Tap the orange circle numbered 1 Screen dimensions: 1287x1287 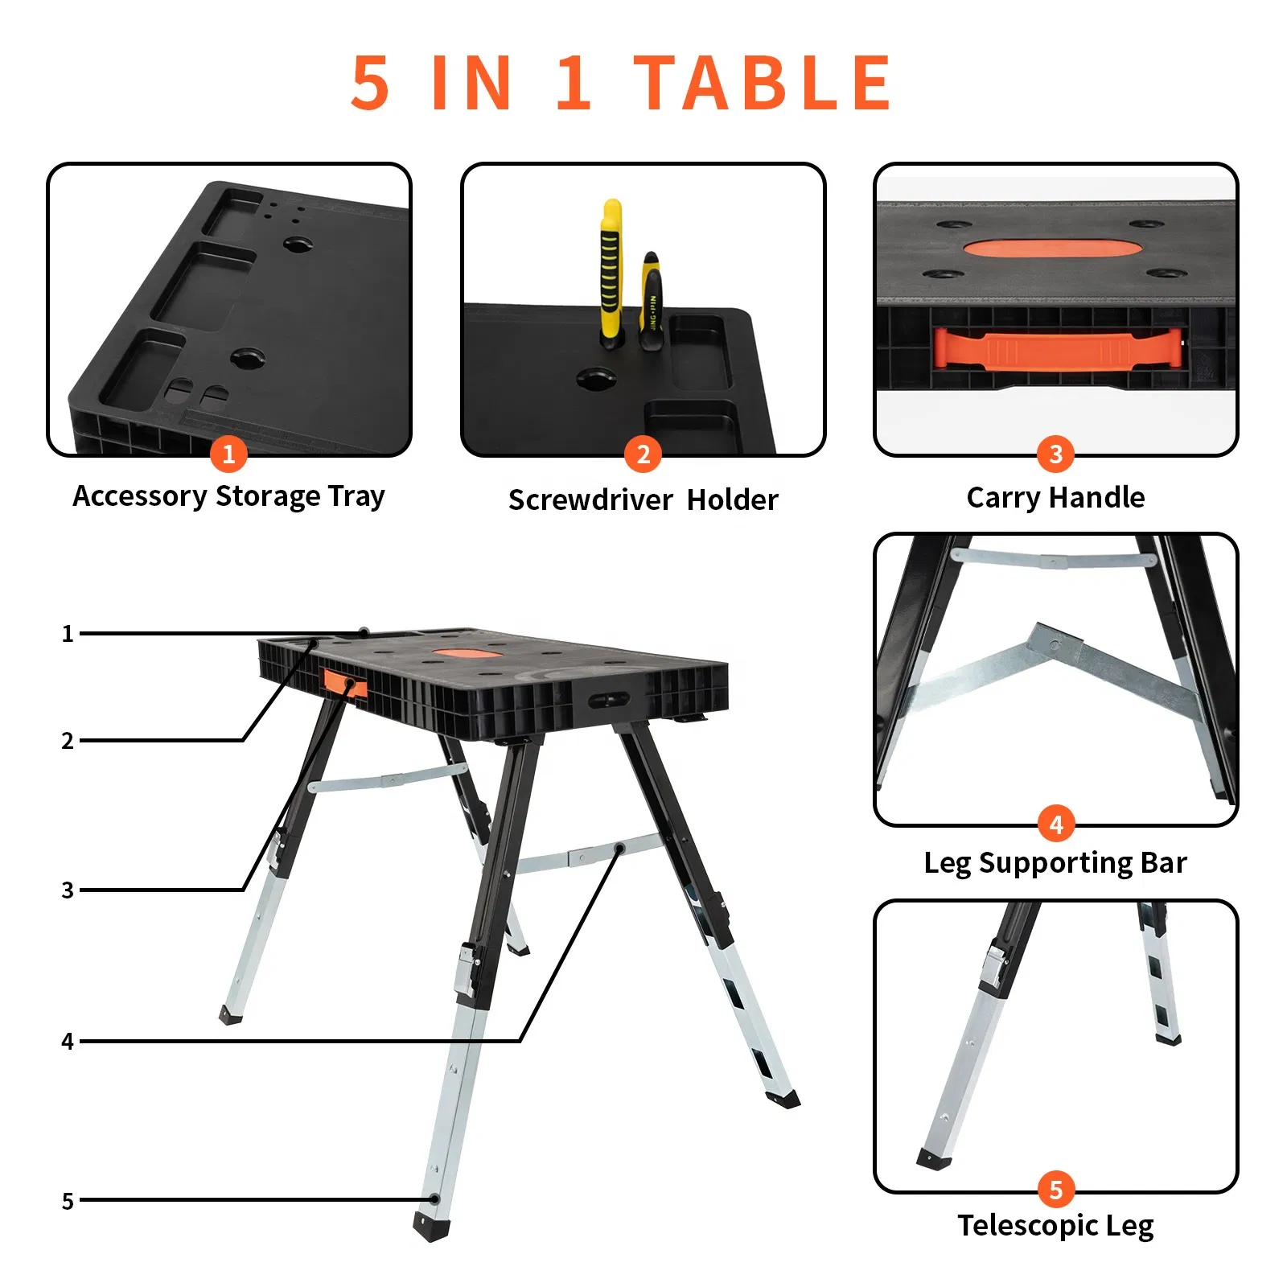pyautogui.click(x=228, y=454)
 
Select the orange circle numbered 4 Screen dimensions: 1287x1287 pyautogui.click(x=1055, y=823)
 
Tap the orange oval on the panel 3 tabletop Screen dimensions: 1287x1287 pyautogui.click(x=1052, y=248)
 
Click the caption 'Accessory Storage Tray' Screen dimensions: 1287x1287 pyautogui.click(x=228, y=496)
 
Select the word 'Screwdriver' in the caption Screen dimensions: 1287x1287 pyautogui.click(x=590, y=500)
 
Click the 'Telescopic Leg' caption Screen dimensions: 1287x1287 pyautogui.click(x=1055, y=1225)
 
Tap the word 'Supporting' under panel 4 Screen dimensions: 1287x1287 pyautogui.click(x=1055, y=863)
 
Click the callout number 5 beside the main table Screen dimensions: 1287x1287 pyautogui.click(x=68, y=1201)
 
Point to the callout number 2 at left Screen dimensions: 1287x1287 pyautogui.click(x=68, y=741)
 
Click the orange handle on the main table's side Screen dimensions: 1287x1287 pyautogui.click(x=344, y=684)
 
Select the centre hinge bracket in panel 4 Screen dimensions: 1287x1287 pyautogui.click(x=1054, y=641)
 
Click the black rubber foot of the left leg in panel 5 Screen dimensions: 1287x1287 pyautogui.click(x=933, y=1159)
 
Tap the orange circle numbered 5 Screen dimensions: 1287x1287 pyautogui.click(x=1055, y=1189)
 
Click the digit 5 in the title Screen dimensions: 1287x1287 pyautogui.click(x=371, y=83)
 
